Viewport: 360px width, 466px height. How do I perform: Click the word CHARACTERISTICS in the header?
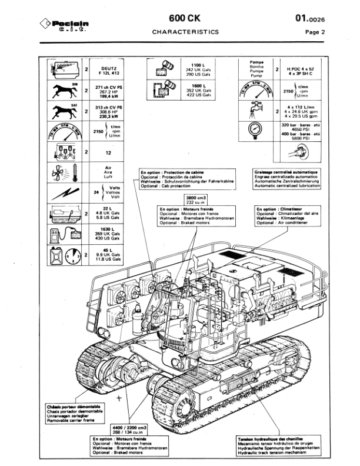click(185, 33)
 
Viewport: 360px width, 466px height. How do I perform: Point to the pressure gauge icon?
click(256, 132)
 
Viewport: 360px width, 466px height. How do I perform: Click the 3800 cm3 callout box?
click(194, 199)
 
